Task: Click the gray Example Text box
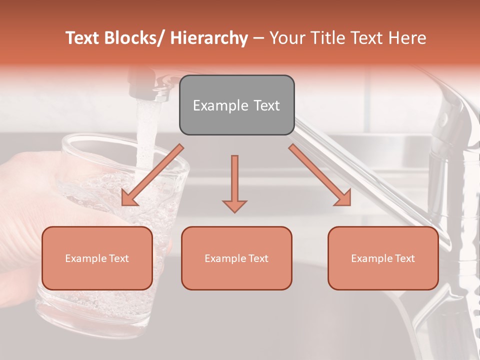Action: point(236,105)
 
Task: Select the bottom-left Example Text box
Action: point(97,258)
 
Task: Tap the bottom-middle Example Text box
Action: point(236,258)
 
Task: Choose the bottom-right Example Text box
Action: point(383,258)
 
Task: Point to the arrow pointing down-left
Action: point(152,175)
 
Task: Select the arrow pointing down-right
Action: point(320,175)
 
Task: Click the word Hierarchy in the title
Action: point(209,38)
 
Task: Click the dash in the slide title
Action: point(258,38)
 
